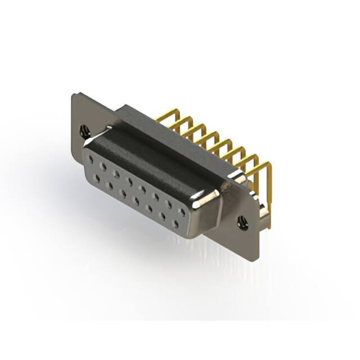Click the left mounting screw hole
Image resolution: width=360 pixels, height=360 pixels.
tap(85, 132)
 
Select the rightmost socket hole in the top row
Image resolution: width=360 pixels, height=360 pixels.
tap(182, 213)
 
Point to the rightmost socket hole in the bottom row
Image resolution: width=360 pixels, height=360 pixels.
tap(176, 224)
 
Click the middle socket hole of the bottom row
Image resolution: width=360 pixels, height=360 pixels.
tap(136, 200)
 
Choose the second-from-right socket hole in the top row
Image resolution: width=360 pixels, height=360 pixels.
tap(169, 205)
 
